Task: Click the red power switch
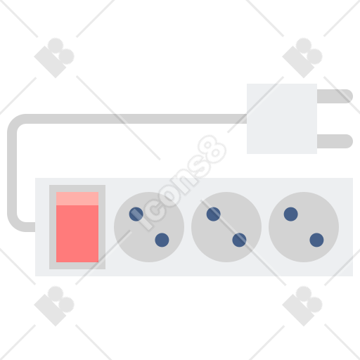(77, 227)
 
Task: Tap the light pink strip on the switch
(77, 198)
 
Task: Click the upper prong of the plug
(335, 96)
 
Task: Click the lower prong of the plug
(335, 141)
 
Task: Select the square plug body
(282, 119)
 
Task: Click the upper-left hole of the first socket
(136, 214)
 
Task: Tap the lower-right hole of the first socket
(162, 240)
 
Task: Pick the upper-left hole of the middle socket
(214, 214)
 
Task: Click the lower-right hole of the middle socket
(239, 240)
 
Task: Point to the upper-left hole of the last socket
(291, 214)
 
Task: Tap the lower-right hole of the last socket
(316, 240)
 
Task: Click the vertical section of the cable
(12, 172)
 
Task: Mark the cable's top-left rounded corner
(15, 122)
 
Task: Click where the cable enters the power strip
(34, 227)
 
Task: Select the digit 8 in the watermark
(212, 150)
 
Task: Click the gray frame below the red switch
(77, 266)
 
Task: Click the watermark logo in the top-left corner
(54, 58)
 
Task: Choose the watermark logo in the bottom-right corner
(302, 306)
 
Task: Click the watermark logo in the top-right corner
(302, 58)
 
